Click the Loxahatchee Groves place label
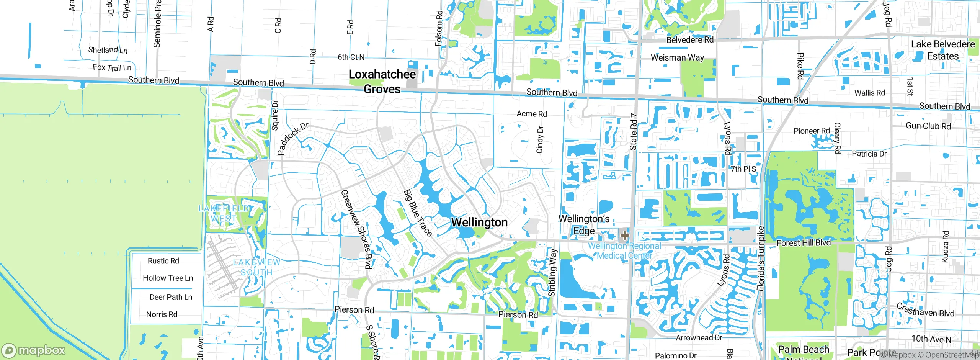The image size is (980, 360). click(x=382, y=82)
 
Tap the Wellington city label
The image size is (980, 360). click(x=479, y=222)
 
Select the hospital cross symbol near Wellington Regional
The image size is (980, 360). click(x=624, y=235)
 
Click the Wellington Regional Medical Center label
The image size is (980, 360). click(x=624, y=251)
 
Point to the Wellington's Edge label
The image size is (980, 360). click(x=584, y=225)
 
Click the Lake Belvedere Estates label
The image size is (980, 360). click(x=942, y=50)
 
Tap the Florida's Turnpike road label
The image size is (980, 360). click(x=761, y=259)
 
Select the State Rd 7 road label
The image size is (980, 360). click(x=634, y=132)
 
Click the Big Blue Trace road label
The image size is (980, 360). click(x=418, y=213)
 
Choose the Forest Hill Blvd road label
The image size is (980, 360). click(x=803, y=243)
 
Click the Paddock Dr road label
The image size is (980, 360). click(x=292, y=139)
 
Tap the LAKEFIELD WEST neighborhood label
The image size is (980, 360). click(x=224, y=213)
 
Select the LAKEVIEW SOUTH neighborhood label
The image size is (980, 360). click(x=256, y=267)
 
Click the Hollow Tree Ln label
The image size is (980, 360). click(x=168, y=278)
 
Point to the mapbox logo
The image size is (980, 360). click(x=34, y=350)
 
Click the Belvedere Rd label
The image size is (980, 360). click(x=689, y=40)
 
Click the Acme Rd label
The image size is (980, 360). click(x=531, y=114)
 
